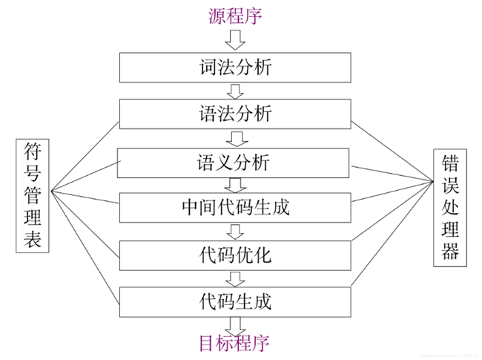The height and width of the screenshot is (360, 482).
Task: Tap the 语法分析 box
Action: coord(235,114)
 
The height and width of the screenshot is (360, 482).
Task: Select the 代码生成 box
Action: coord(235,301)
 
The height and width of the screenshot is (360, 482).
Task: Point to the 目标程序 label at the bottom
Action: coord(234,343)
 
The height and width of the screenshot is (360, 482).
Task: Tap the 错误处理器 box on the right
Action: coord(449,206)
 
